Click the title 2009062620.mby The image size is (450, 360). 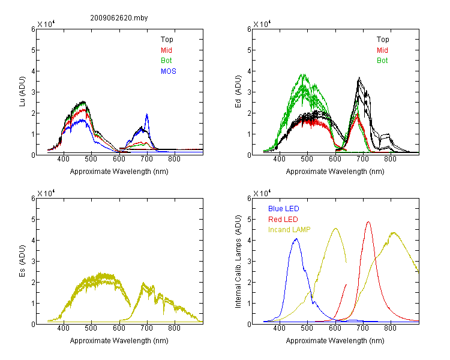119,18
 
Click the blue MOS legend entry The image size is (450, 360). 169,71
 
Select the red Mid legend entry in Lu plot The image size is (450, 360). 166,50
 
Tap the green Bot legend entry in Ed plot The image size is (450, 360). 382,61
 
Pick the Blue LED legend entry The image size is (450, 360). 284,209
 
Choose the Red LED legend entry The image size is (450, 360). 283,220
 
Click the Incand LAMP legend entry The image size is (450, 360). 289,230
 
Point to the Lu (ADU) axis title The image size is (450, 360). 22,91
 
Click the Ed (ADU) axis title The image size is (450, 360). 238,92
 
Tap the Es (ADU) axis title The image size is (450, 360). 22,261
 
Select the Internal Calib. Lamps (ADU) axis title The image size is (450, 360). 238,262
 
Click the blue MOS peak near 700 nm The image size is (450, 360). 147,114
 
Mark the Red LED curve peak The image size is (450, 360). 368,222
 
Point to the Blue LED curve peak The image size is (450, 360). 296,239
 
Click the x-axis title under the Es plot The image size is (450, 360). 119,341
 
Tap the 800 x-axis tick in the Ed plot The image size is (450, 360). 390,159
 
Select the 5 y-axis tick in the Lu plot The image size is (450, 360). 33,50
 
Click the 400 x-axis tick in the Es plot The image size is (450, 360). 63,328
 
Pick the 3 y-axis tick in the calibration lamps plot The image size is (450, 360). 249,262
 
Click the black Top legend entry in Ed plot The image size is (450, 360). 383,40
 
